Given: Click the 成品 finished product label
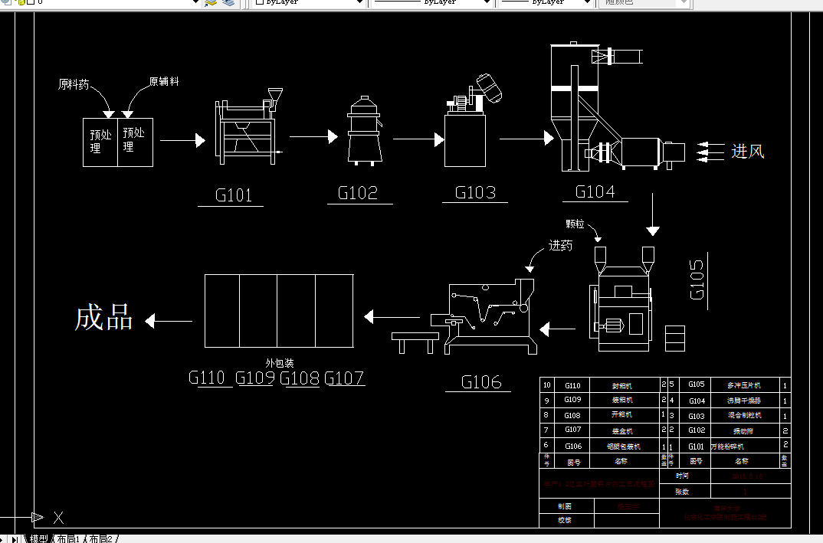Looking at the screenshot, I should tap(104, 318).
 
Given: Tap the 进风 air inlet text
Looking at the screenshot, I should tap(747, 152).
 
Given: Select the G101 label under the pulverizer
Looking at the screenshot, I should tap(234, 195).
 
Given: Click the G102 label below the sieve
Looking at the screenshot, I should tap(358, 193).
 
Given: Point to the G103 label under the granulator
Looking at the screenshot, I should tap(475, 192).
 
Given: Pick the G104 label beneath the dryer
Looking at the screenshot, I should tap(595, 191).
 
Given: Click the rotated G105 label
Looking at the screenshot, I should tap(697, 280).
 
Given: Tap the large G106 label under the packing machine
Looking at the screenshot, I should tap(481, 381).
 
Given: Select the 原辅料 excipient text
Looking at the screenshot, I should tap(164, 81).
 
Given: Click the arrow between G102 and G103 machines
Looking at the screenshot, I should tap(418, 139).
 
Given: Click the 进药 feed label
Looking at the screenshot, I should tap(560, 246).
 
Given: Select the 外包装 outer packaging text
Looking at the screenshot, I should tap(280, 363).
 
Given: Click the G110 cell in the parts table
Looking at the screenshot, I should tap(572, 385).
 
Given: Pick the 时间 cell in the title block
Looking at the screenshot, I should tap(682, 476).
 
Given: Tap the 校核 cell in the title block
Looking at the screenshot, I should tap(565, 520).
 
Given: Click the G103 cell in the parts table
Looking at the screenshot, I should tap(696, 416).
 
